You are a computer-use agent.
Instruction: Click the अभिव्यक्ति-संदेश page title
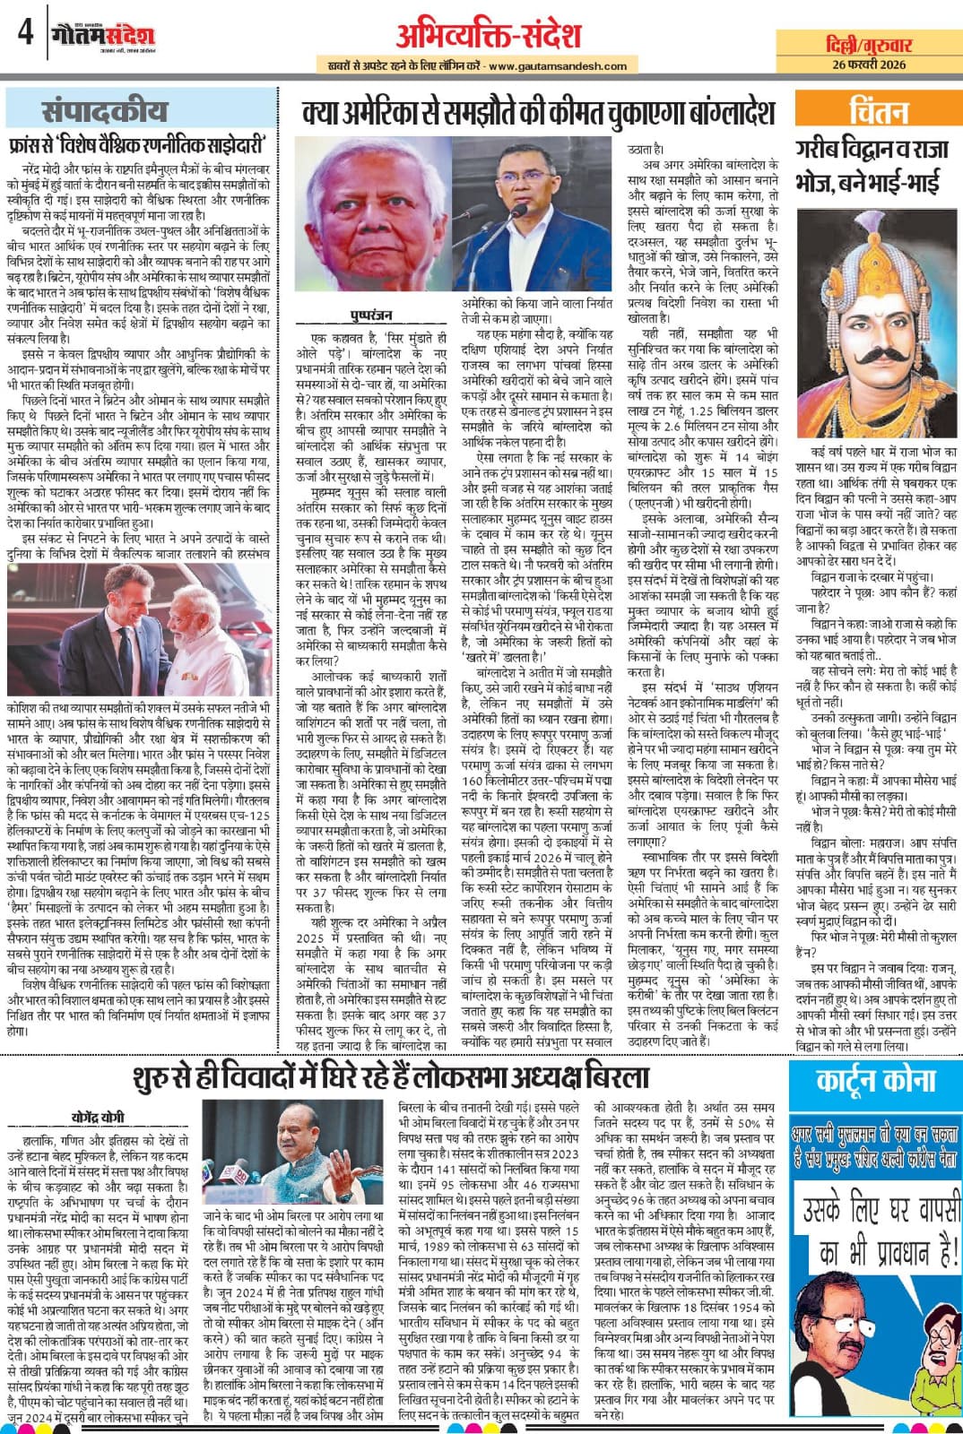pyautogui.click(x=488, y=35)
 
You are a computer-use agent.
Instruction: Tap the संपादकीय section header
pyautogui.click(x=104, y=111)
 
